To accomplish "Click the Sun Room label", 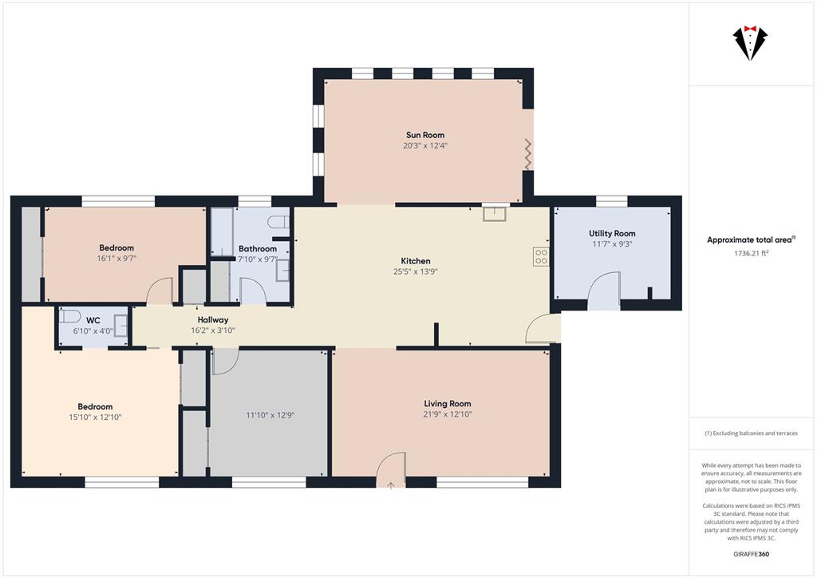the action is coord(425,135).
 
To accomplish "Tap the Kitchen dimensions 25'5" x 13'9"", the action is coord(415,271).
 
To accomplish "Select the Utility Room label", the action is coord(612,233).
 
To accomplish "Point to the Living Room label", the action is coord(448,403).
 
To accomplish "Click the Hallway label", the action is coord(212,320).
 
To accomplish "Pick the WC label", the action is coord(93,320).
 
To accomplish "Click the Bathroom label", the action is coord(258,249).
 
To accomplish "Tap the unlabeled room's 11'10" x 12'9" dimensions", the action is coord(270,415).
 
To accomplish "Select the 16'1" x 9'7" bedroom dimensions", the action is coord(116,258).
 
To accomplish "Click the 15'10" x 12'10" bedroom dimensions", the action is coord(96,417).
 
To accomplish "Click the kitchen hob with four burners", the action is coord(541,256).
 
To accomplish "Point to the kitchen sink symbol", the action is coord(495,213).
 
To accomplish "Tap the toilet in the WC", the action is coord(69,316).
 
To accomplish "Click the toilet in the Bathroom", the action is coord(278,222).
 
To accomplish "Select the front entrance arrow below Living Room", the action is coord(391,485).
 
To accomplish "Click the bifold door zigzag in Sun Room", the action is coord(528,154).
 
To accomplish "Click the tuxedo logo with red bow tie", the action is coord(750,43).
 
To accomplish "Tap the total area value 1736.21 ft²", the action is coord(752,253).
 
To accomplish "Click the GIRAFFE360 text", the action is coord(751,554).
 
